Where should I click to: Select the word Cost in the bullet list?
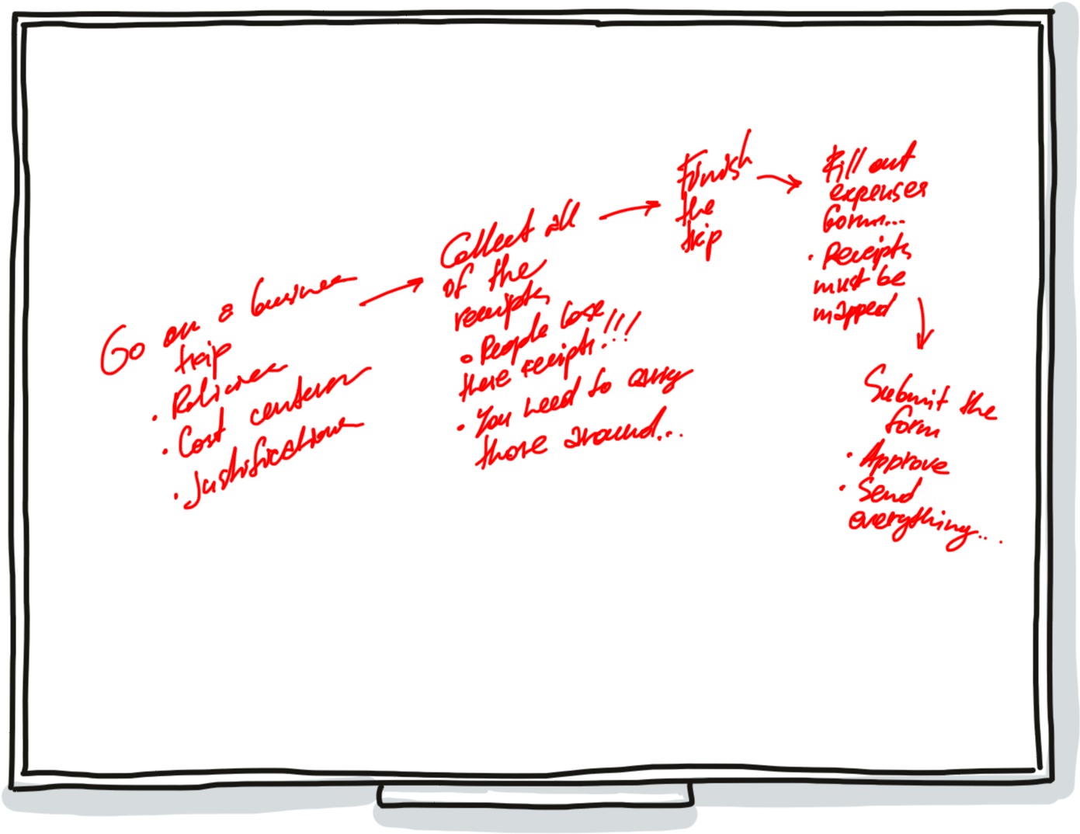pyautogui.click(x=200, y=436)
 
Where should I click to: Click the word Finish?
pyautogui.click(x=712, y=169)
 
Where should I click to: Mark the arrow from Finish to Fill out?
pyautogui.click(x=780, y=182)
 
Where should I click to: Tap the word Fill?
pyautogui.click(x=838, y=165)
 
